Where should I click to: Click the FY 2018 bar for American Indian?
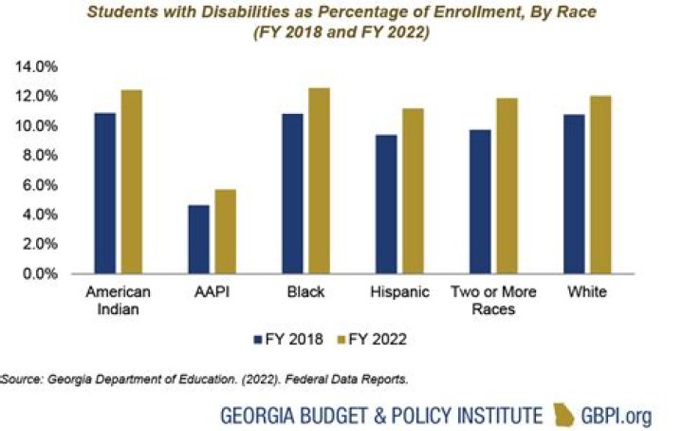point(131,193)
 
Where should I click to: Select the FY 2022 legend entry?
point(379,336)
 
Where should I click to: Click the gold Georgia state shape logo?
point(564,414)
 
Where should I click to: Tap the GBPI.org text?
point(617,415)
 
